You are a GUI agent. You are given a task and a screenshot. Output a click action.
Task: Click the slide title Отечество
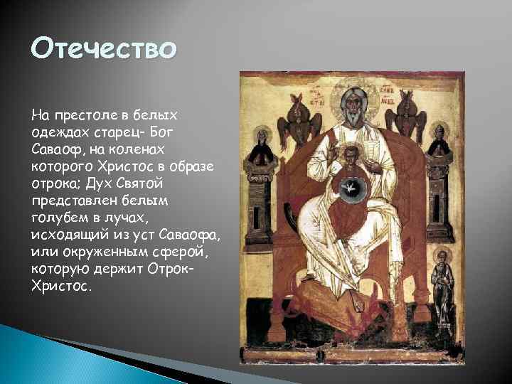(x=103, y=50)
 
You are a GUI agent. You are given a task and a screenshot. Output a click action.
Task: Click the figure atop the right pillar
(x=442, y=142)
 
